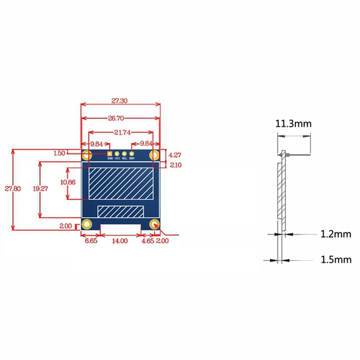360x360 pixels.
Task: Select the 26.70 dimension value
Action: [x=120, y=118]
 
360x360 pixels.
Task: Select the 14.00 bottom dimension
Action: [x=120, y=241]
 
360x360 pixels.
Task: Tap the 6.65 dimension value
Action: [x=90, y=241]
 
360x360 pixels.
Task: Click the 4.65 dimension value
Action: [x=147, y=241]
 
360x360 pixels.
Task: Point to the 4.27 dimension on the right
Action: [x=175, y=154]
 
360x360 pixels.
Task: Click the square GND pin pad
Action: [x=110, y=153]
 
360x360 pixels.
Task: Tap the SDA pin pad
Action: [x=132, y=153]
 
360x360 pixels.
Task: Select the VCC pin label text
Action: [x=117, y=158]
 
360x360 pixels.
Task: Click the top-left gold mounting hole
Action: [x=87, y=156]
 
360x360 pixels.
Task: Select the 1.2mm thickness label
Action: [x=335, y=234]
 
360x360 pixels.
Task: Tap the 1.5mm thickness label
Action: [x=335, y=259]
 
